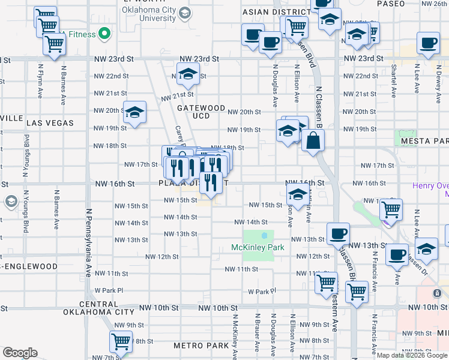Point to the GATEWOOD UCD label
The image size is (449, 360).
201,112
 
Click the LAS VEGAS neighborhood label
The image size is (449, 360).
50,123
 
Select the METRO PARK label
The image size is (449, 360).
201,346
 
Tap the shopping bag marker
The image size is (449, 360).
314,142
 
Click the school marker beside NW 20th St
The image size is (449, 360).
134,112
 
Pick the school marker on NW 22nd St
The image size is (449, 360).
188,74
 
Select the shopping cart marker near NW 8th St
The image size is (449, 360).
121,341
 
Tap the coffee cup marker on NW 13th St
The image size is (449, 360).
338,234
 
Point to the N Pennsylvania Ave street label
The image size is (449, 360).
88,242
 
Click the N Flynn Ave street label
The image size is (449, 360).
40,82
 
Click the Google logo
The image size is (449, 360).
20,353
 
